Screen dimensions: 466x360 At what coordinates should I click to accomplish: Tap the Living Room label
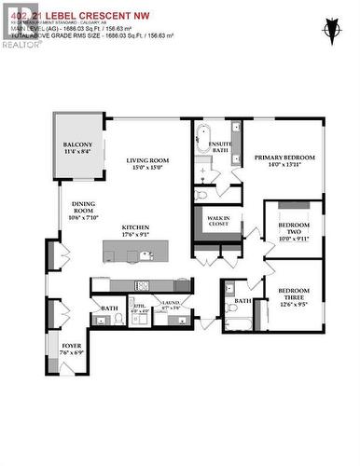coord(152,164)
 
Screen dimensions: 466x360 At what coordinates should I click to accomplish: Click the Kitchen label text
coord(135,232)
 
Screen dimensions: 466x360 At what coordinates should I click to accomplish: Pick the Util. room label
coord(140,306)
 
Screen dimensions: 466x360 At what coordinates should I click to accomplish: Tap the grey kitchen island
coord(138,250)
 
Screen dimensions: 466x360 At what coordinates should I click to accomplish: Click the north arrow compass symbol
coord(329,32)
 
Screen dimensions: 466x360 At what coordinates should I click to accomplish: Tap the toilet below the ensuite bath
coord(201,195)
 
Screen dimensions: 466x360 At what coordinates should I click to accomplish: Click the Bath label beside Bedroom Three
coord(242,301)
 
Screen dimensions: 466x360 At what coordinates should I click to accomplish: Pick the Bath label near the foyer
coord(108,308)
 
